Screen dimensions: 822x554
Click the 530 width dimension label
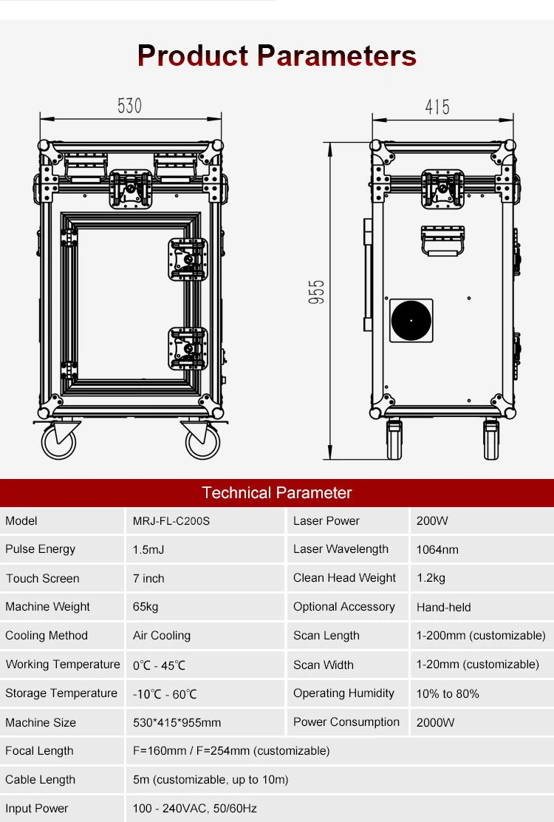[x=129, y=106]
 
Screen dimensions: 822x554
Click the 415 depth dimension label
[x=437, y=107]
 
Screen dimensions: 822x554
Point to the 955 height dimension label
[x=317, y=293]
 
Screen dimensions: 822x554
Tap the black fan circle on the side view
[x=411, y=321]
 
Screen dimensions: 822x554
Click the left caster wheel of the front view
[x=58, y=441]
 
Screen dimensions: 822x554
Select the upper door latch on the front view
[x=188, y=259]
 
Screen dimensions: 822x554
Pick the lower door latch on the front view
[x=188, y=348]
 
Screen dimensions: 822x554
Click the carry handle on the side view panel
[x=443, y=240]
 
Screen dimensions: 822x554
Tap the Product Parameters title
[x=277, y=56]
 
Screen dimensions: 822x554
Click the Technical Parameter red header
[x=277, y=493]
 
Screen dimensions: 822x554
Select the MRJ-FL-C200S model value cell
[x=171, y=521]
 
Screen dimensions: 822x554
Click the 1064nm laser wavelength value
[x=437, y=549]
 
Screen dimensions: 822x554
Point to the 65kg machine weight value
[x=146, y=607]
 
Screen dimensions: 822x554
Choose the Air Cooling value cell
[x=162, y=636]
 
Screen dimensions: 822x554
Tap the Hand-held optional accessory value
[x=443, y=607]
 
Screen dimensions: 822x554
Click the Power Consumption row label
[x=346, y=722]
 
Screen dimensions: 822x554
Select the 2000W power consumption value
[x=435, y=722]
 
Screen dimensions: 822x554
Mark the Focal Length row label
[x=39, y=751]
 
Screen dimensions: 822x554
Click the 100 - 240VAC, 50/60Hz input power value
[x=195, y=809]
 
